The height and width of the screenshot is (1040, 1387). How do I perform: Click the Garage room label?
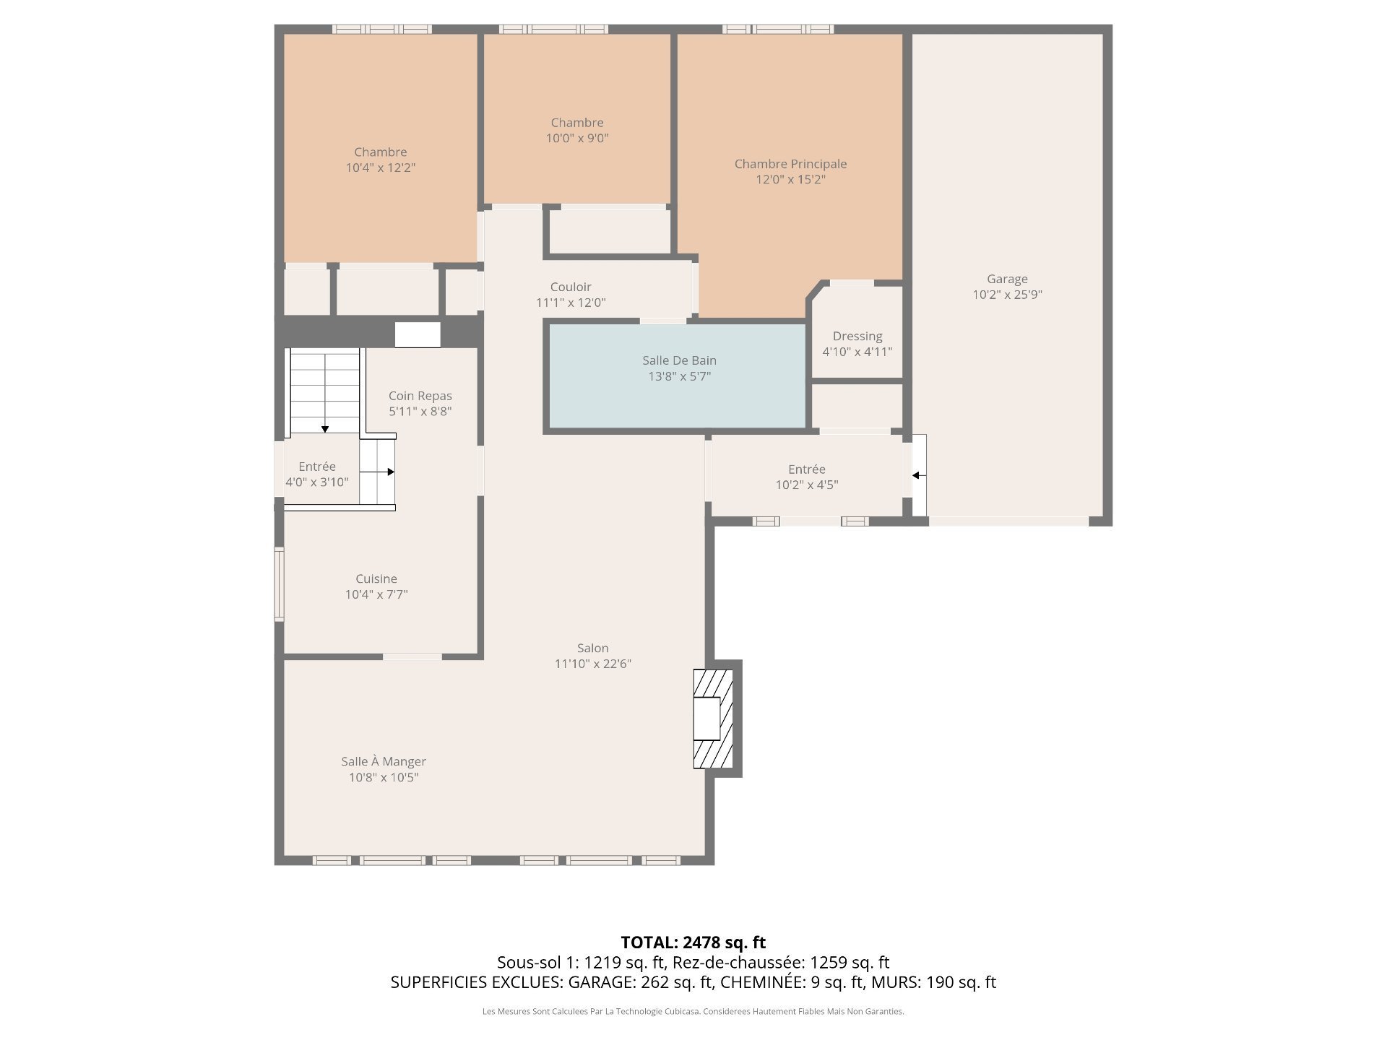[x=1007, y=279]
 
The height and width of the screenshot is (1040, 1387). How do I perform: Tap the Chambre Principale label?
[x=790, y=164]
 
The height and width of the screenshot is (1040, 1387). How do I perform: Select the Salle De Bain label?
[x=679, y=360]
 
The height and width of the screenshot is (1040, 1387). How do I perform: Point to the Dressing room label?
[x=857, y=337]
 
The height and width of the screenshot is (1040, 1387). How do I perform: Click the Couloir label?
[x=571, y=287]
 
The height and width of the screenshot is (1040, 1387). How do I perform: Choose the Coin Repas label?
[x=420, y=396]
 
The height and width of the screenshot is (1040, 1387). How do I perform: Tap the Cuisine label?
[x=376, y=578]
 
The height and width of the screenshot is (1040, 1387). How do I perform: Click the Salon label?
[x=593, y=648]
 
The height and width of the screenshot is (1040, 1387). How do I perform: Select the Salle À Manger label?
[x=384, y=761]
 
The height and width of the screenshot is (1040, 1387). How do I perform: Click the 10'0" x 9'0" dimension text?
[x=577, y=138]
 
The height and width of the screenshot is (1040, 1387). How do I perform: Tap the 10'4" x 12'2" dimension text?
[x=381, y=168]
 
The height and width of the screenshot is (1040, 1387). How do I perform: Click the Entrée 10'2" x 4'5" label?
[x=807, y=477]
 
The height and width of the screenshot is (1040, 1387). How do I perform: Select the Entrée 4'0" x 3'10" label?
[x=317, y=474]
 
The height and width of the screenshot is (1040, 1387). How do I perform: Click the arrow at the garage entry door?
[x=919, y=475]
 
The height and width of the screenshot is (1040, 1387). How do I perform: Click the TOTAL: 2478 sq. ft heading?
[x=693, y=942]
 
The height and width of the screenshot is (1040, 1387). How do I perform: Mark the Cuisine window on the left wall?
[x=279, y=584]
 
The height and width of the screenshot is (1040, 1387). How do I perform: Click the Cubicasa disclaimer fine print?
[x=693, y=1012]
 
